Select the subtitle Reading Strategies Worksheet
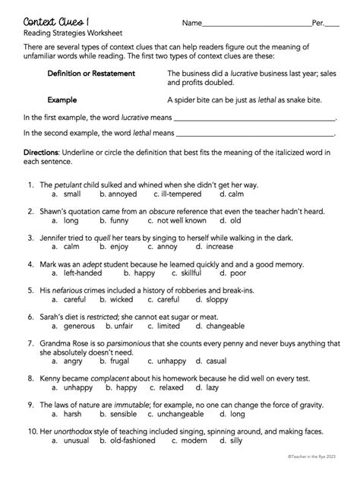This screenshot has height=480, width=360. pyautogui.click(x=72, y=34)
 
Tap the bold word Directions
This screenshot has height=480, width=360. pyautogui.click(x=41, y=153)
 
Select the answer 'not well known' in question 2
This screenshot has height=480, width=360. pyautogui.click(x=182, y=221)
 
